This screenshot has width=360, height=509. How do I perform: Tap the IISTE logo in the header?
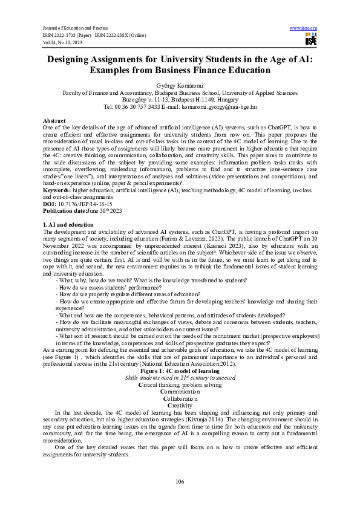(x=311, y=39)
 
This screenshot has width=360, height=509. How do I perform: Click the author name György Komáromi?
(x=180, y=86)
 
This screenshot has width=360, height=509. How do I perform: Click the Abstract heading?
(x=56, y=121)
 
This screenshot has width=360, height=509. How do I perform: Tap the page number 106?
(x=180, y=481)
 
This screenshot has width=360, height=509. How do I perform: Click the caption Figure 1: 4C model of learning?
(x=180, y=370)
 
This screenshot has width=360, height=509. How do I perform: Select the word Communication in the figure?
(x=180, y=391)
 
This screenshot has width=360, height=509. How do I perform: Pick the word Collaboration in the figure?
(x=180, y=399)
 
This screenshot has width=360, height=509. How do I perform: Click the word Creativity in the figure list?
(x=180, y=406)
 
